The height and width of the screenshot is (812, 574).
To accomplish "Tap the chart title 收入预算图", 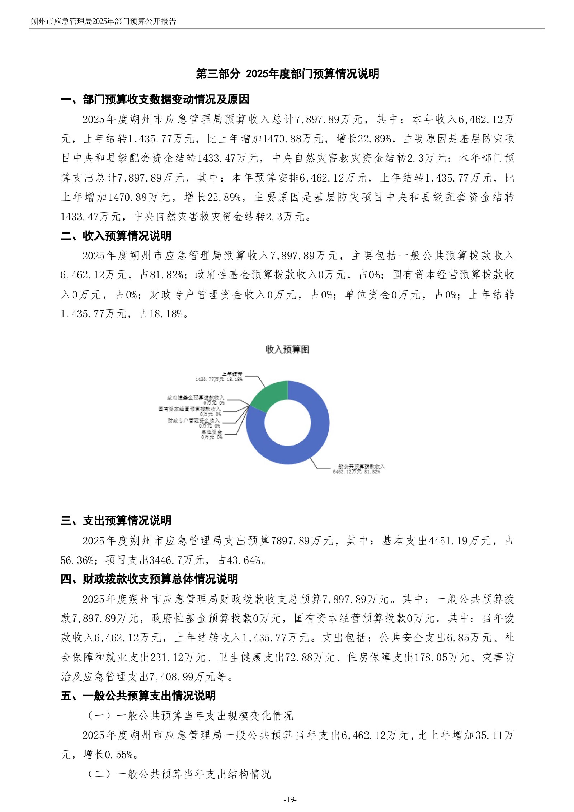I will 287,349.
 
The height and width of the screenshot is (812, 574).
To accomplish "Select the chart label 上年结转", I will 232,374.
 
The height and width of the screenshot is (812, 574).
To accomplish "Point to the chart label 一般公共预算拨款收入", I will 359,467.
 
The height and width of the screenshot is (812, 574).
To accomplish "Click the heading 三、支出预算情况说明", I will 116,521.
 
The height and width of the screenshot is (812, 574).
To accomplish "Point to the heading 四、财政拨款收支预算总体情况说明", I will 149,579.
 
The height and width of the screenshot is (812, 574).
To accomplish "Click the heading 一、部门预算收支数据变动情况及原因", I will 155,100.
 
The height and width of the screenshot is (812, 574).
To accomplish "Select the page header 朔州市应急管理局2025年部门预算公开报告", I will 103,21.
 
